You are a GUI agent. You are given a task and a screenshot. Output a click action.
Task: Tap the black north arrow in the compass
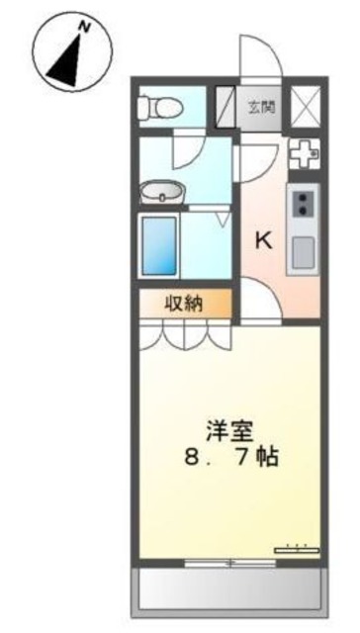(66, 57)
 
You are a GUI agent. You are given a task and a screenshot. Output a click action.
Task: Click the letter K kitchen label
(264, 239)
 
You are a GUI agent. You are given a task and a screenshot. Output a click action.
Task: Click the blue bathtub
(159, 245)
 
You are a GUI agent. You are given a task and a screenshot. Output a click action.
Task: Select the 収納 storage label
(184, 304)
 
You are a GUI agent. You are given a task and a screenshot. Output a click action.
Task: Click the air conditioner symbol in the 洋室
(296, 546)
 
